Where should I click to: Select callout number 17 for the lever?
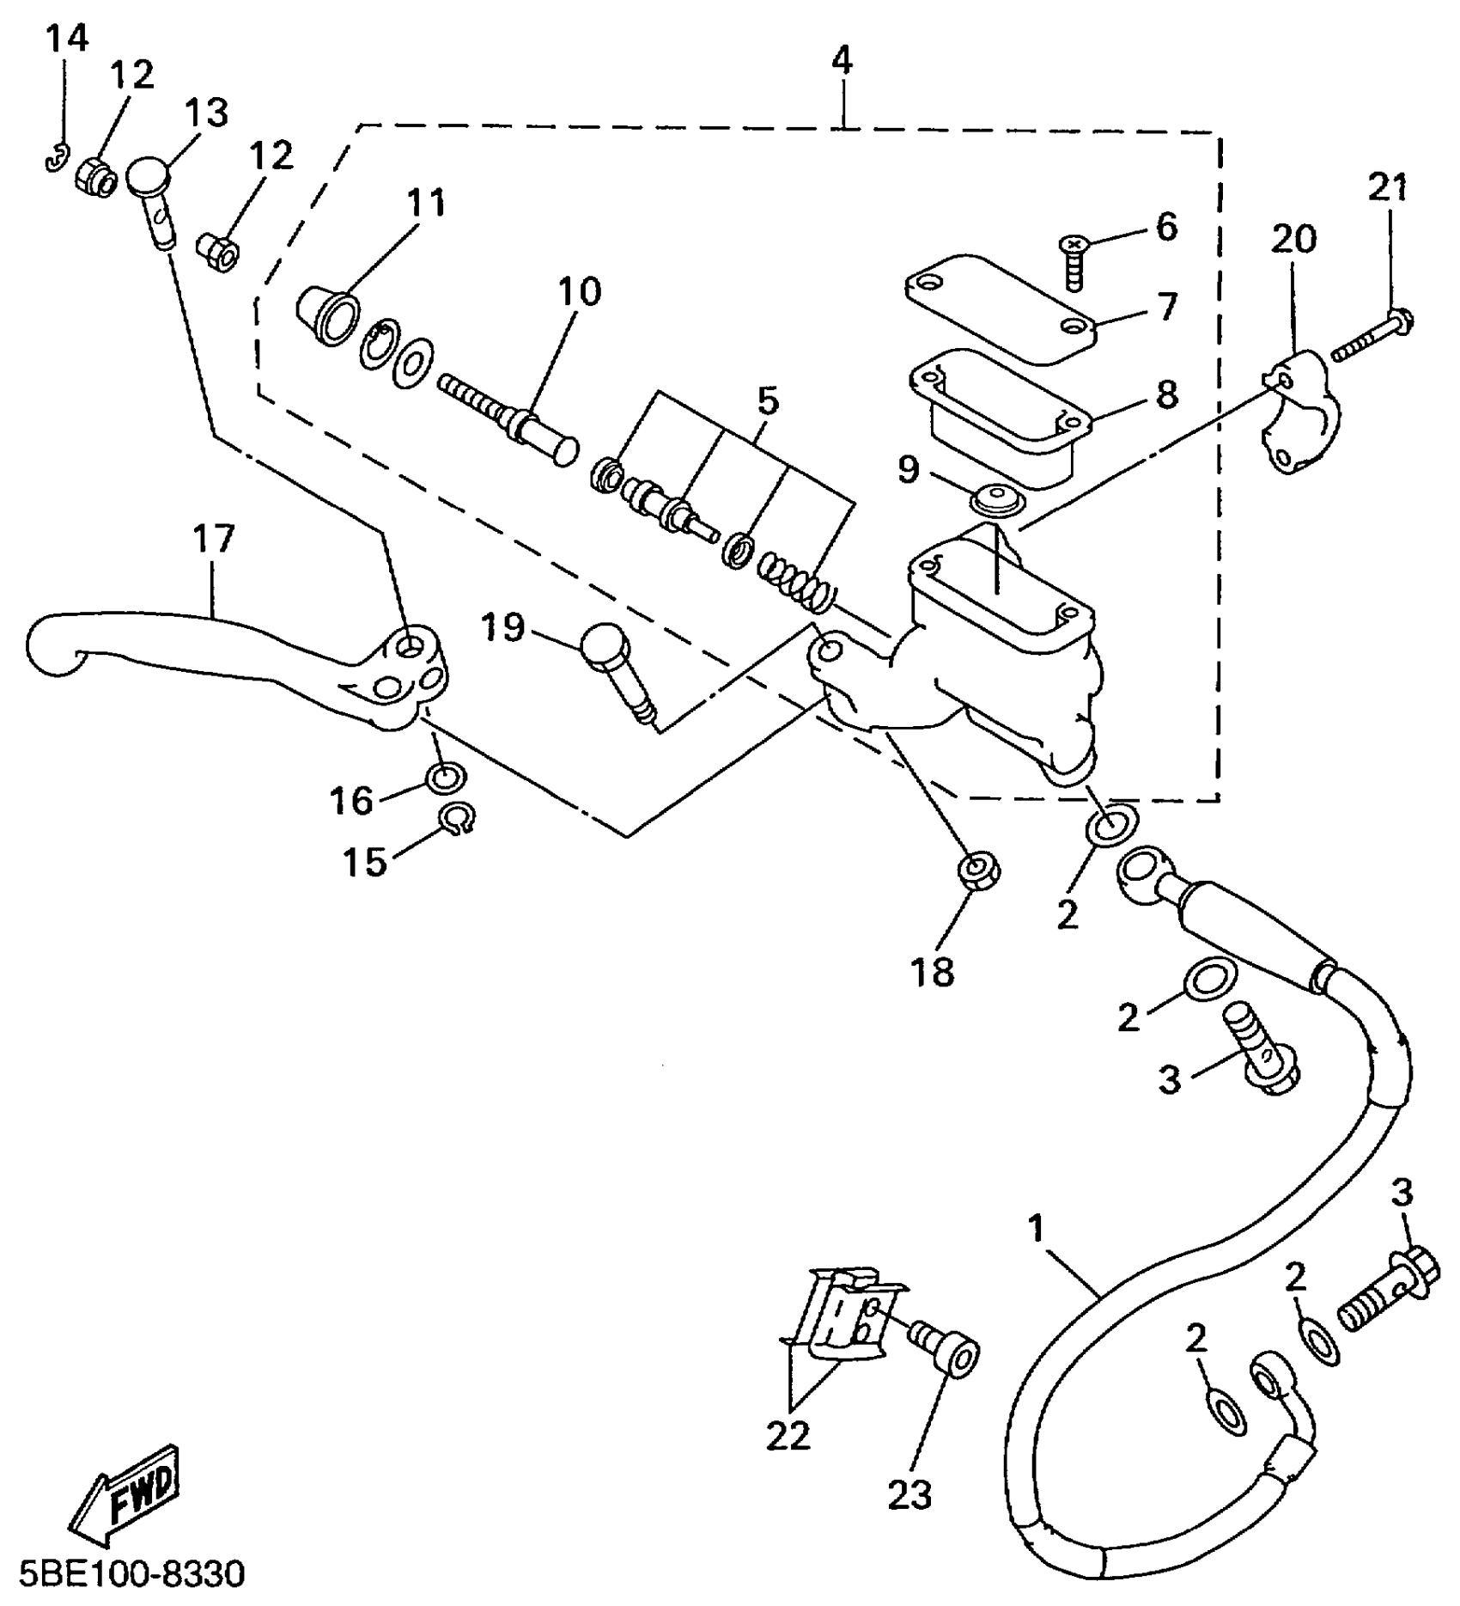[212, 540]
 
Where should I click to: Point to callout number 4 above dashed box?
[843, 61]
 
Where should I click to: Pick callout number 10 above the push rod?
[580, 292]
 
